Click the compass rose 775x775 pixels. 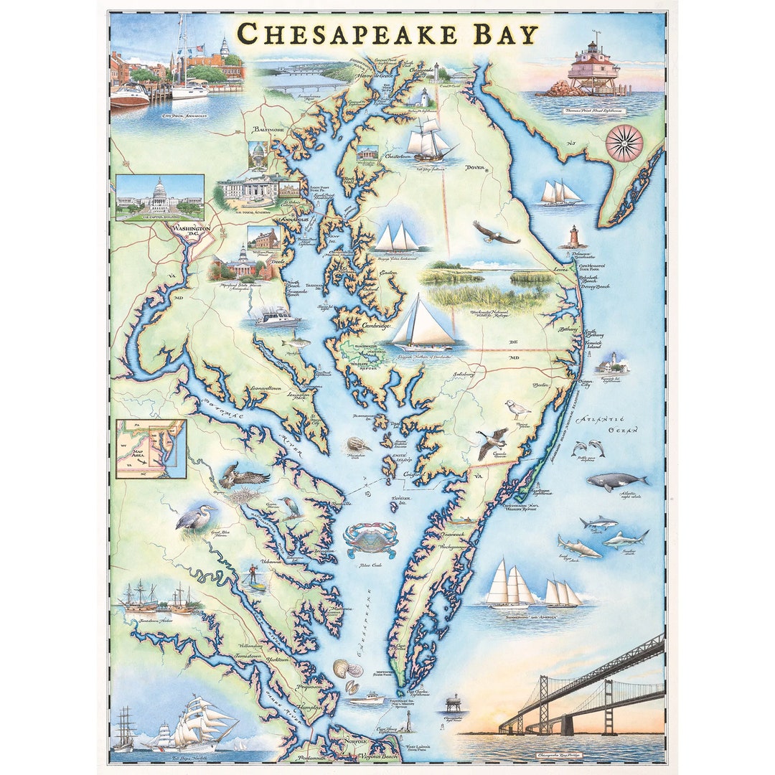click(624, 143)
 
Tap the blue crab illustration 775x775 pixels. click(370, 539)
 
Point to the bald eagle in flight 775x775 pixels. click(495, 233)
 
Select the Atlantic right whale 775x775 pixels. click(616, 482)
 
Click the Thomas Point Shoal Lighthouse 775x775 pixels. click(593, 69)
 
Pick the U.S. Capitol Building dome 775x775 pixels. click(160, 190)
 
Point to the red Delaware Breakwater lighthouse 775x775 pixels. click(573, 237)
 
